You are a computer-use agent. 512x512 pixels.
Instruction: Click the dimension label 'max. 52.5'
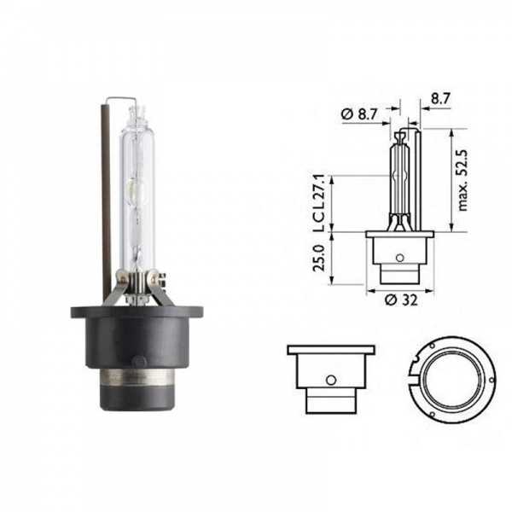[x=463, y=181]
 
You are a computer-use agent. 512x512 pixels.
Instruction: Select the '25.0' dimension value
[x=318, y=258]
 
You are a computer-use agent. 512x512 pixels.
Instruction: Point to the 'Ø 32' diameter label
[x=401, y=300]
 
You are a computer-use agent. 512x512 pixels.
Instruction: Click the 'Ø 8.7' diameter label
[x=359, y=114]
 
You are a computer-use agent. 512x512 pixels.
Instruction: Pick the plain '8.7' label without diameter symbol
[x=441, y=99]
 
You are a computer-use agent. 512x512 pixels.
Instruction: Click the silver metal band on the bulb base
[x=137, y=377]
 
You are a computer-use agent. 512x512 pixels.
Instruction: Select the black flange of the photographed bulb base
[x=137, y=311]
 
